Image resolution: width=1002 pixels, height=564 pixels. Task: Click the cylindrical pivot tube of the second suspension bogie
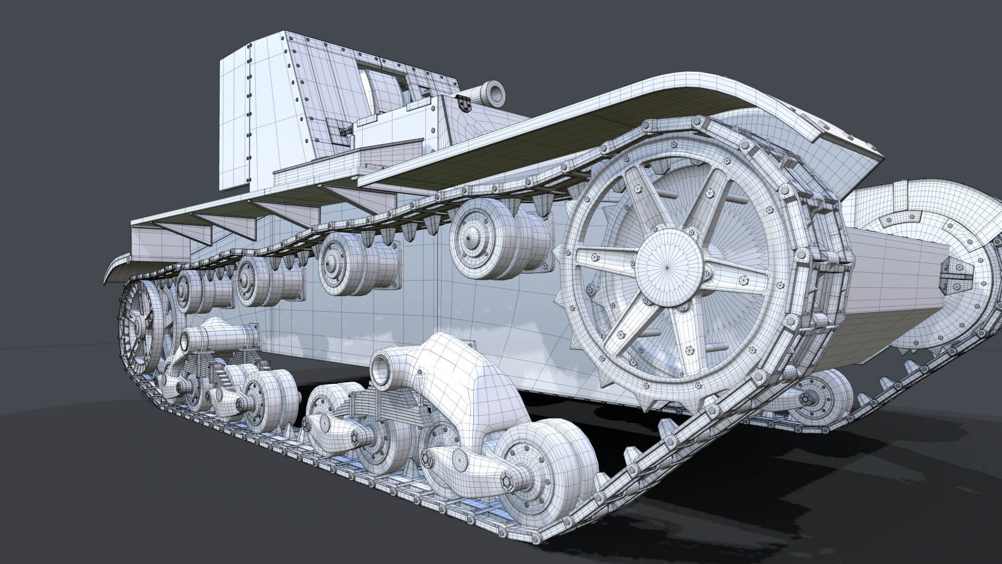219,337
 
